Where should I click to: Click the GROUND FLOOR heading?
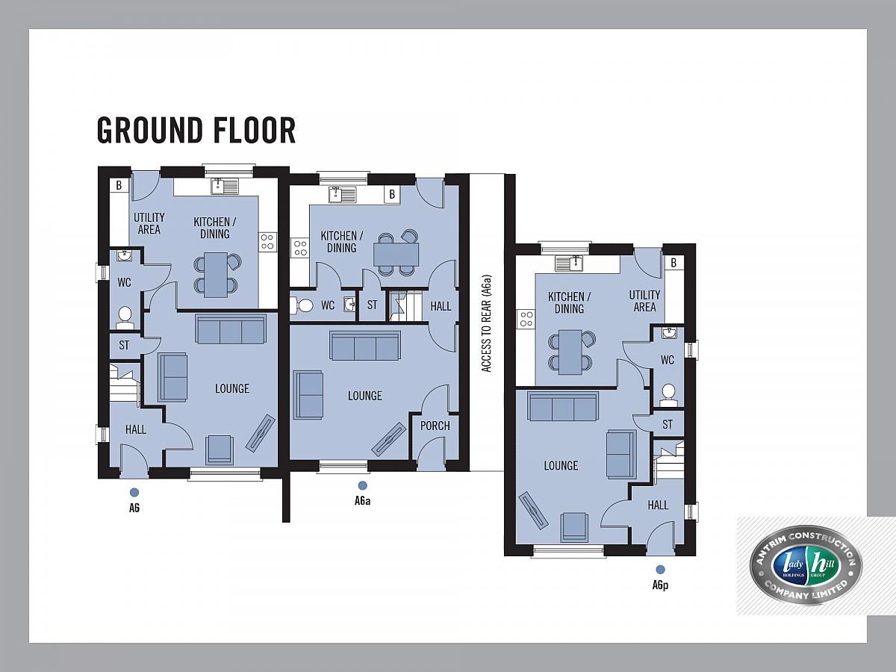point(196,130)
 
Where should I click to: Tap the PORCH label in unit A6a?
point(435,426)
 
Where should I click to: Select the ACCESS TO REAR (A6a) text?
point(486,323)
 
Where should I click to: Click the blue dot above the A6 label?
point(134,493)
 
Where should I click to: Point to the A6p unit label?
point(660,585)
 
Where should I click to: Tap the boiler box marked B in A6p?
point(674,263)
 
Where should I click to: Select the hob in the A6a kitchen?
point(300,248)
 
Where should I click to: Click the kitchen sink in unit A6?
point(225,187)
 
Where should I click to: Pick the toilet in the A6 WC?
point(125,318)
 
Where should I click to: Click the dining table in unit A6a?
point(396,254)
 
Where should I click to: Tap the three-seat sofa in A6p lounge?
point(563,406)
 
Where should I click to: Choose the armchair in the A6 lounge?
point(220,449)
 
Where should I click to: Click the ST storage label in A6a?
point(372,305)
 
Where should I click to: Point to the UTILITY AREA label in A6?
point(149,223)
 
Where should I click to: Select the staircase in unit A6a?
point(405,305)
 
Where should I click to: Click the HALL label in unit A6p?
point(658,505)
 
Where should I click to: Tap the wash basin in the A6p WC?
point(669,333)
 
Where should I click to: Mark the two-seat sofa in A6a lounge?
point(308,395)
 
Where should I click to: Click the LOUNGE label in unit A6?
point(232,388)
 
